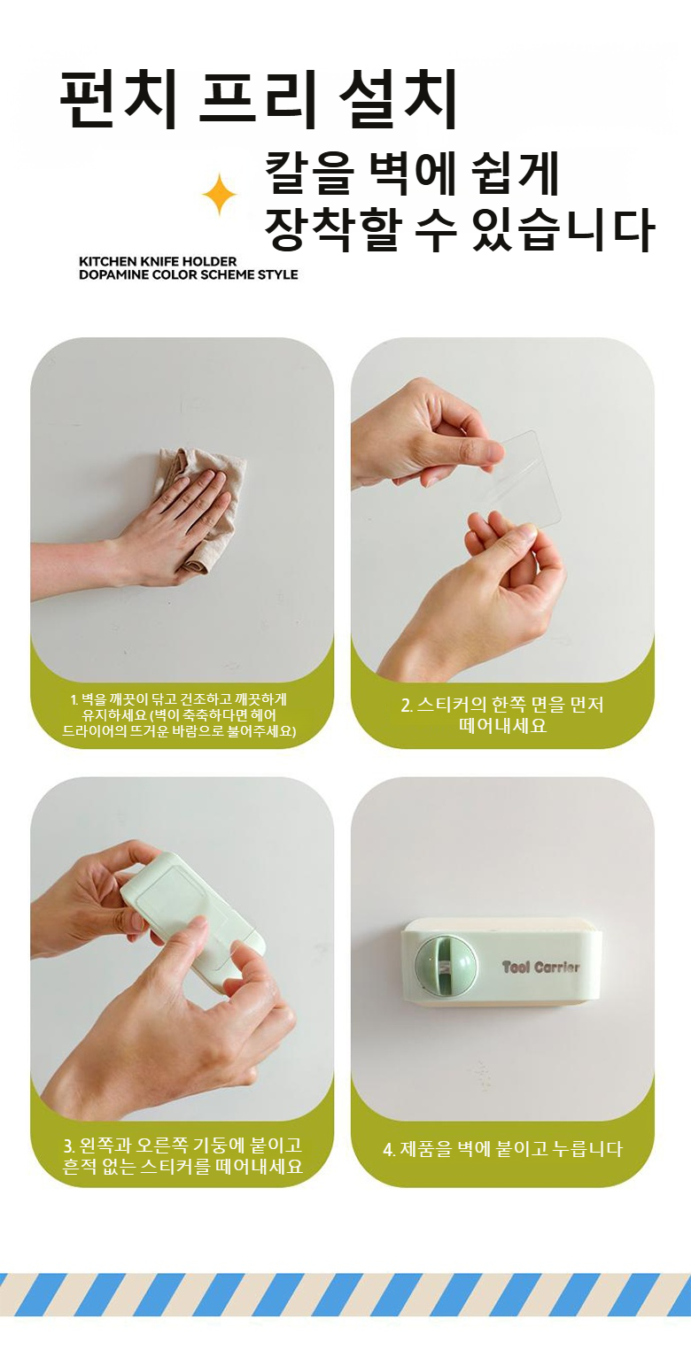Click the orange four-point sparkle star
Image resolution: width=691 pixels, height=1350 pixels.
[x=220, y=194]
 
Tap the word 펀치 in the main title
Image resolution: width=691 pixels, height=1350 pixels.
[x=119, y=99]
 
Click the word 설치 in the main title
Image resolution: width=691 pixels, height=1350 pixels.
[x=398, y=99]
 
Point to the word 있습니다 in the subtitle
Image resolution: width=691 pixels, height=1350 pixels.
[x=564, y=229]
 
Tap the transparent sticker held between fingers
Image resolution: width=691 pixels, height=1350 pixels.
[x=524, y=477]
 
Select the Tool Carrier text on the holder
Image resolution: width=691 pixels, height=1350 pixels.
[x=540, y=967]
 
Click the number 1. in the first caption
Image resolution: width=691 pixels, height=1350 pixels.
[x=74, y=699]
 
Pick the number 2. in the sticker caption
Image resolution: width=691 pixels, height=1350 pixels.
[x=407, y=705]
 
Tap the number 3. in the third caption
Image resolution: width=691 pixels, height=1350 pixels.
[x=69, y=1146]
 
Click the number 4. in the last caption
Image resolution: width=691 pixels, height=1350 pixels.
[x=390, y=1149]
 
